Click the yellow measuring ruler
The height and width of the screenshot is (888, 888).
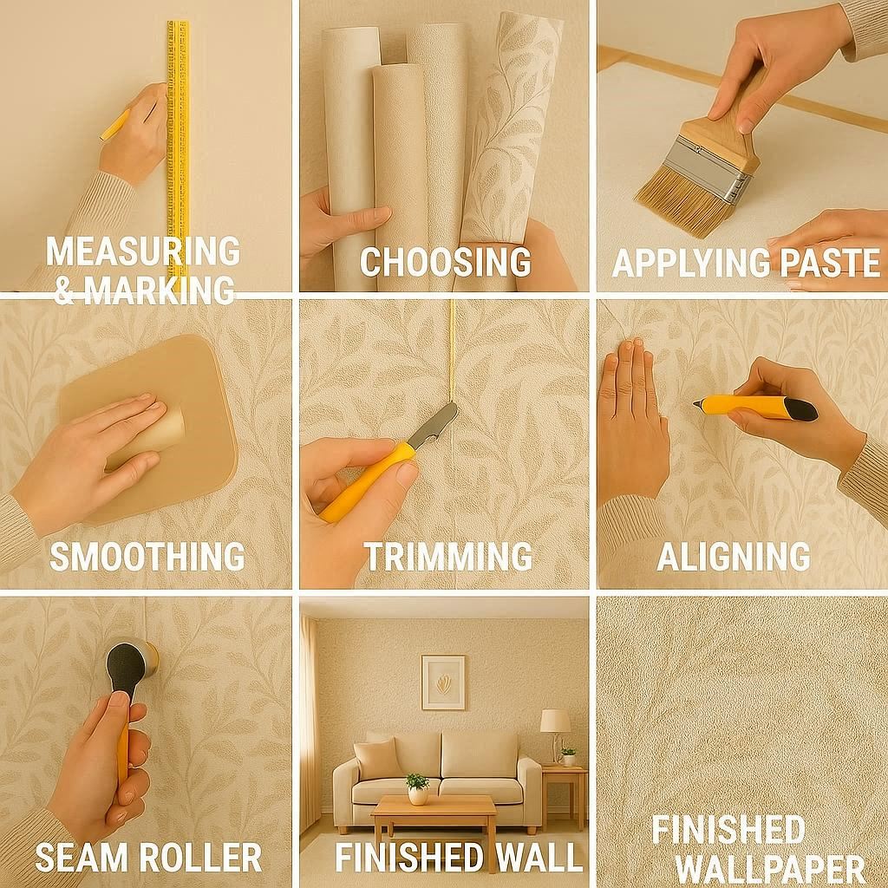178,130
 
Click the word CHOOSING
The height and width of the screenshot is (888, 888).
445,261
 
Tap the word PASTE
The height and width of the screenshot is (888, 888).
826,262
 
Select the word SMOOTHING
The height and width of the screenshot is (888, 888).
147,556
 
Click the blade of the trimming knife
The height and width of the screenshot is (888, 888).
435,425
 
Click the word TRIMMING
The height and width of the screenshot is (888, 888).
447,556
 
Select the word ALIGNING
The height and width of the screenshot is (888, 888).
733,556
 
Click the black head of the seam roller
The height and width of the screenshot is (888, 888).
127,664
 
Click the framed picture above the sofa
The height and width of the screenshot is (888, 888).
443,682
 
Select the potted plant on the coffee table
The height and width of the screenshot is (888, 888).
418,787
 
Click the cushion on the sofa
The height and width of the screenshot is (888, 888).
378,758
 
